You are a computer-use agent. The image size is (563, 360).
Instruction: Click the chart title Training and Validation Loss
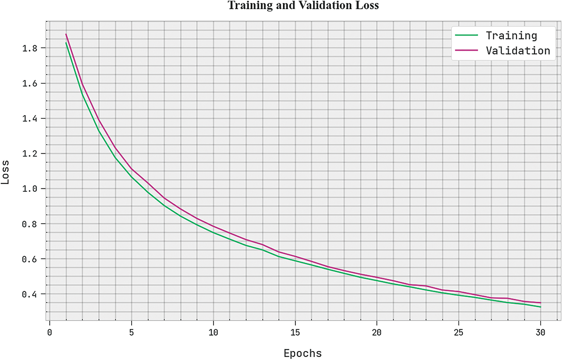click(303, 6)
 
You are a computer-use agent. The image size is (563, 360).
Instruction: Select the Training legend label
click(511, 36)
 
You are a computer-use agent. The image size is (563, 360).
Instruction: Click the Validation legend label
click(518, 50)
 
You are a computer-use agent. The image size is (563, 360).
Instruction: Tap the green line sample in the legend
click(466, 36)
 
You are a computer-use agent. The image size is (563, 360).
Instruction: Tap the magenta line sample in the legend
click(466, 50)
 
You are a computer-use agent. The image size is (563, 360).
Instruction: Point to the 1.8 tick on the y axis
click(30, 48)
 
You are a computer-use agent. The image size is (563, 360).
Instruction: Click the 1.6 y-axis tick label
click(30, 83)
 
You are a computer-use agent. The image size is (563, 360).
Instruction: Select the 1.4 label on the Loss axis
click(30, 119)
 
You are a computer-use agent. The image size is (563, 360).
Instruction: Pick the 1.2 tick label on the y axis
click(30, 154)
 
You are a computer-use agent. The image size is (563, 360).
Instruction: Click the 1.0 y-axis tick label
click(30, 189)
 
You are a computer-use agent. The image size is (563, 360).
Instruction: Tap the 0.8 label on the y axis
click(30, 224)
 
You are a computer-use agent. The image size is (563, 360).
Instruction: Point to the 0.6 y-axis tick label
click(30, 259)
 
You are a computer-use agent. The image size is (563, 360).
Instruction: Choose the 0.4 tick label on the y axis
click(30, 294)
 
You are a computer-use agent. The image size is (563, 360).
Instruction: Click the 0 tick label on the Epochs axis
click(49, 332)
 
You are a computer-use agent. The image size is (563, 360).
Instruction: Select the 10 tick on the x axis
click(213, 332)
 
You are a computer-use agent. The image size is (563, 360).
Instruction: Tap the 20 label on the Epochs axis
click(376, 332)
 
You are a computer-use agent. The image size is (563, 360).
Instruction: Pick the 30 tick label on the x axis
click(540, 332)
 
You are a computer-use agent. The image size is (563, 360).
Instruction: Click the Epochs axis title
click(303, 353)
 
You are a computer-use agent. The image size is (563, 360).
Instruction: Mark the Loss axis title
click(5, 172)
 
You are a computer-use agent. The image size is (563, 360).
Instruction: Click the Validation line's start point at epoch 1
click(66, 34)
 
